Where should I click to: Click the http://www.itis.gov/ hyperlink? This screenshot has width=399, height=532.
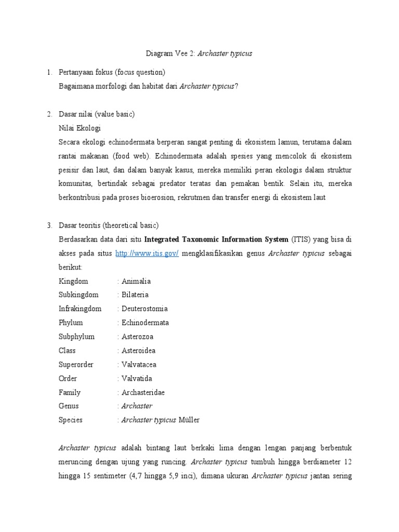tap(147, 253)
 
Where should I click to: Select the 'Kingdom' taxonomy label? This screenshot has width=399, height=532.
tap(73, 281)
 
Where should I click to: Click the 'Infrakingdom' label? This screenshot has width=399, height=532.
tap(80, 309)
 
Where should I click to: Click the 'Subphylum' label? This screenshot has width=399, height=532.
tap(76, 337)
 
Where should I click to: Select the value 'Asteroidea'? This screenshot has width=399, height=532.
tap(138, 351)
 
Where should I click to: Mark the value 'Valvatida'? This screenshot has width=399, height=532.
tap(137, 378)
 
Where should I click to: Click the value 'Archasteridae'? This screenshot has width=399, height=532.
tap(143, 392)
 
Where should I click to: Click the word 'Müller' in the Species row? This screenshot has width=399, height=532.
tap(189, 420)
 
